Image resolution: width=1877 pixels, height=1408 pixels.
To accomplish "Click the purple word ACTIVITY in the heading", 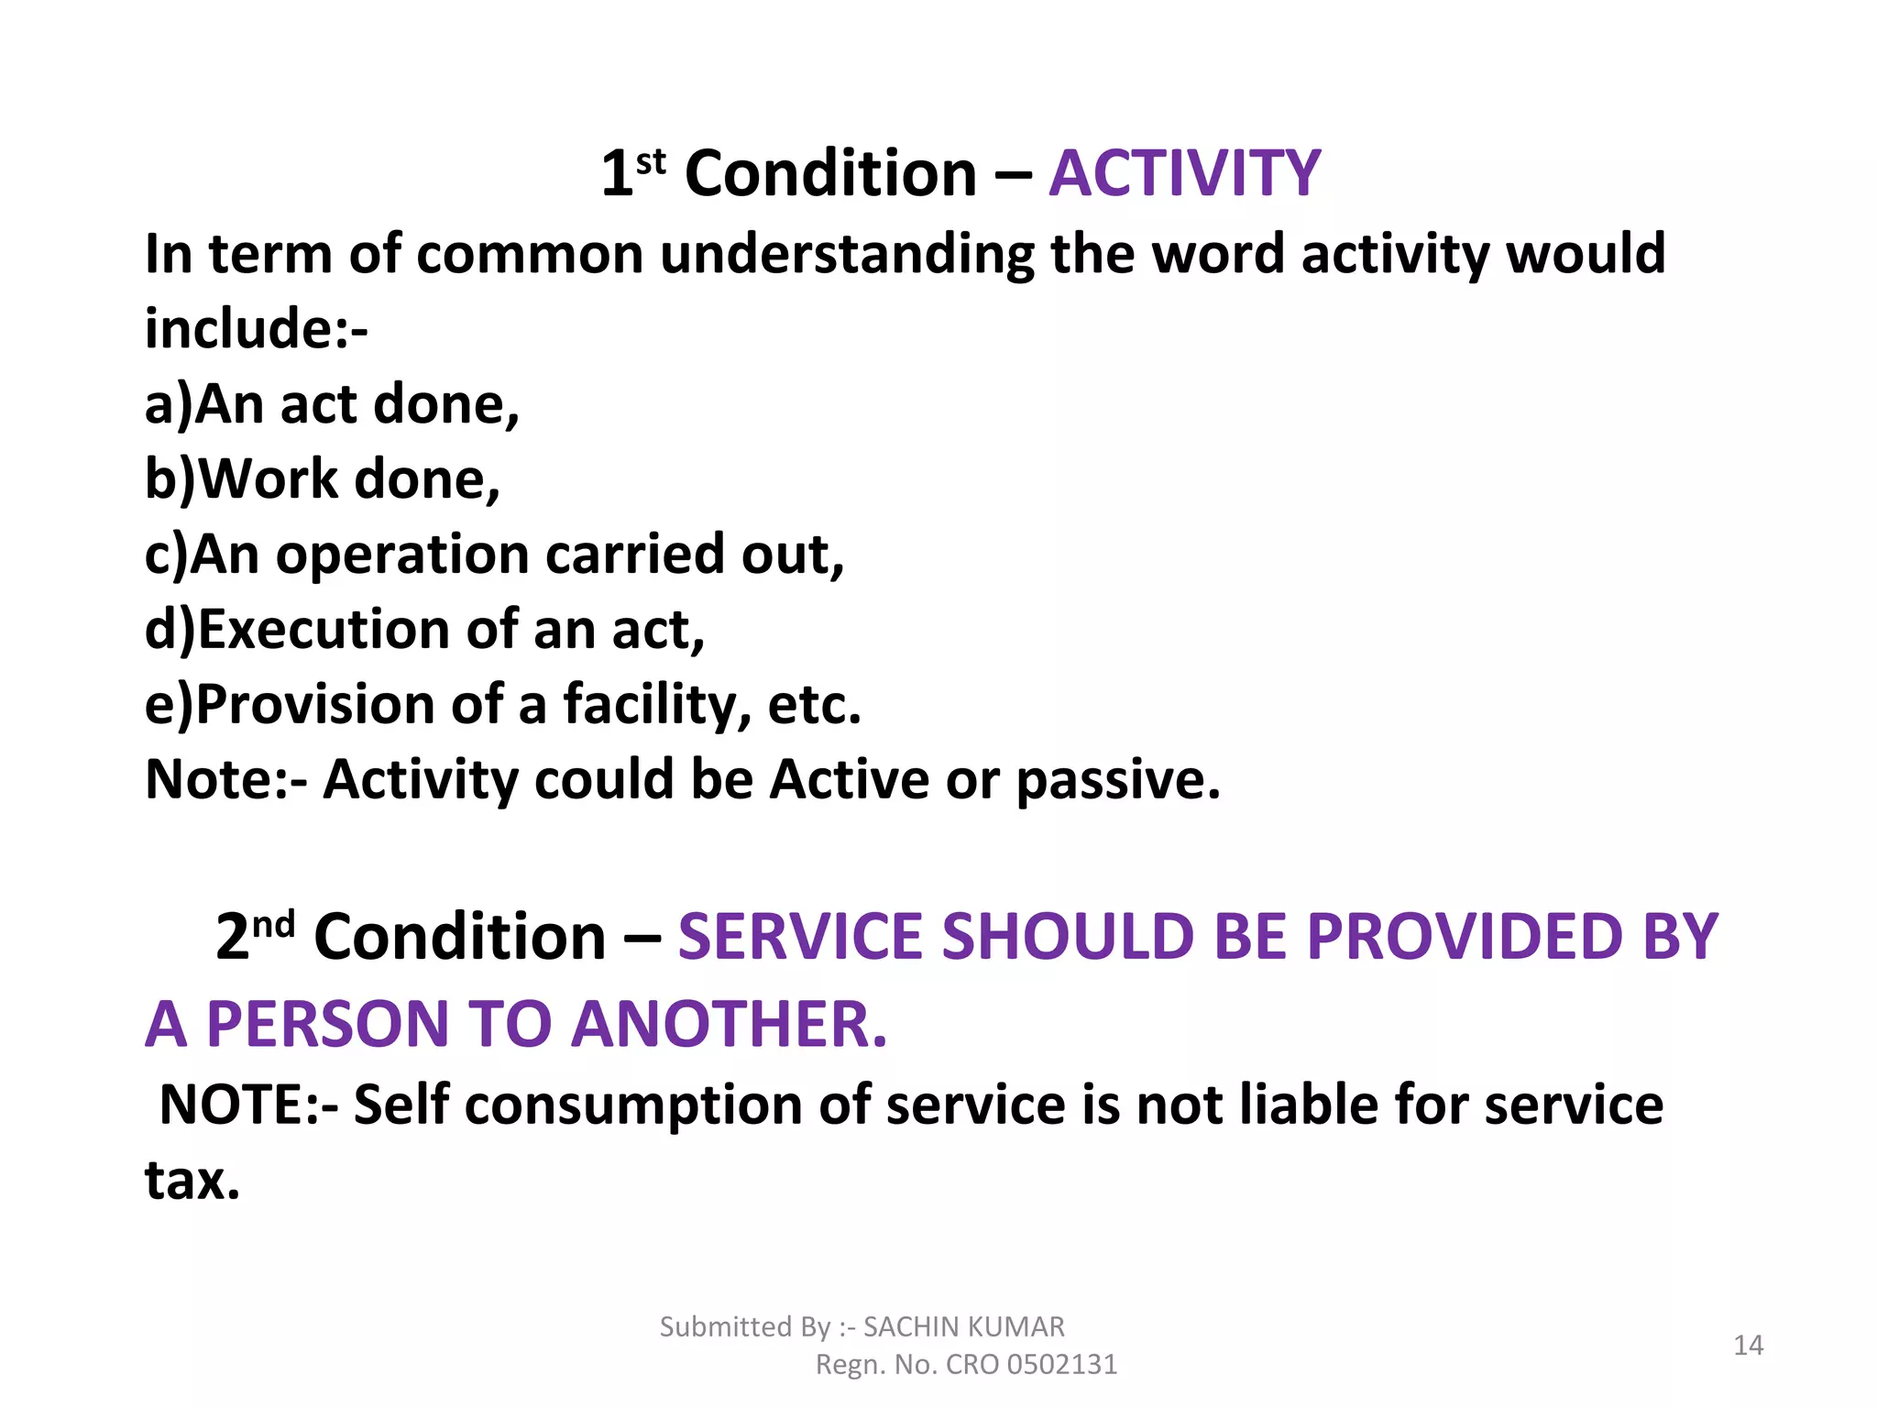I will pyautogui.click(x=1184, y=173).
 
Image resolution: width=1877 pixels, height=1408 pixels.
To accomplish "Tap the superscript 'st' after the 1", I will pyautogui.click(x=651, y=162).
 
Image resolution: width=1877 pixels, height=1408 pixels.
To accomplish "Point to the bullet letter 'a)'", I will pyautogui.click(x=168, y=404).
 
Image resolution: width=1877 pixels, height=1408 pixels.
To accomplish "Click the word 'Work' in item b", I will pyautogui.click(x=268, y=479).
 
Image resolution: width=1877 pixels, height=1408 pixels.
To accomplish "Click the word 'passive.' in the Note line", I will pyautogui.click(x=1118, y=780).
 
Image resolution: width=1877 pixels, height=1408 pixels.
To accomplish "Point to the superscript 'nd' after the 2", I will pyautogui.click(x=273, y=924).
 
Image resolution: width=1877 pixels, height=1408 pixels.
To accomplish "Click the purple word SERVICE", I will pyautogui.click(x=798, y=937).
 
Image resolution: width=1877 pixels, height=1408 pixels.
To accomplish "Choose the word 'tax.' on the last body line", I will pyautogui.click(x=192, y=1180).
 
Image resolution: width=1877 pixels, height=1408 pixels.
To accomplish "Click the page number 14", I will pyautogui.click(x=1748, y=1345).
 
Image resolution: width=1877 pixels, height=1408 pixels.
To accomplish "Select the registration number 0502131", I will pyautogui.click(x=1061, y=1365).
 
